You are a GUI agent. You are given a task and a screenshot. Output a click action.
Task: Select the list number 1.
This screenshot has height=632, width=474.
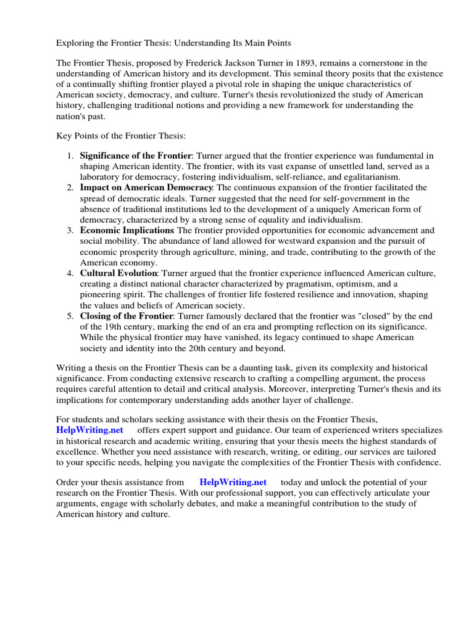[x=70, y=156]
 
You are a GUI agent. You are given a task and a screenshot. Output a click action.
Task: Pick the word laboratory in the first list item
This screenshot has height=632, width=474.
[x=101, y=177]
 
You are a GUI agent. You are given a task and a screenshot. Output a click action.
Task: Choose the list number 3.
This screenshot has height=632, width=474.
[x=70, y=230]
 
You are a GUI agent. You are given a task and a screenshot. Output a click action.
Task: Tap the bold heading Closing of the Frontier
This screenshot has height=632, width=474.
[x=127, y=316]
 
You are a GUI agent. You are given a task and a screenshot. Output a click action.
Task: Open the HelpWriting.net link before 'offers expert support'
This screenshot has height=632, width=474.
[x=89, y=430]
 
